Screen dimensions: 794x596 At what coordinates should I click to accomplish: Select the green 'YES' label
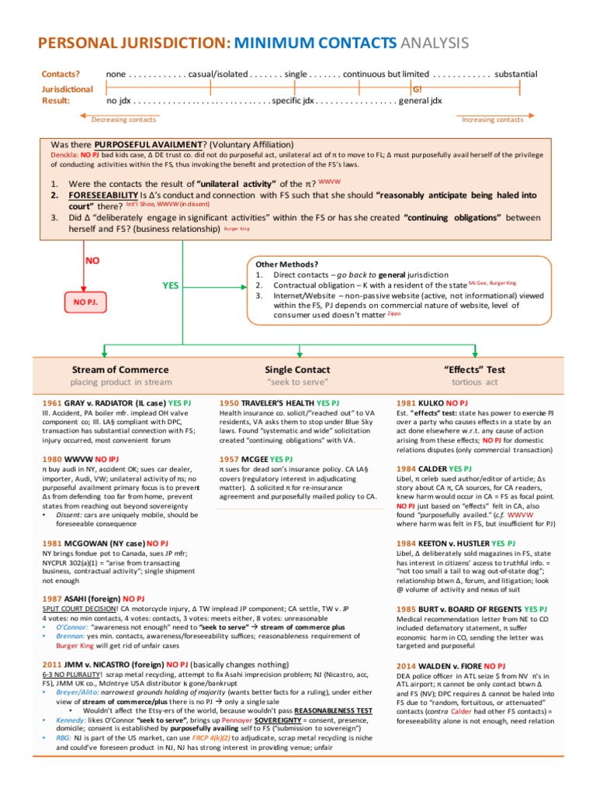pyautogui.click(x=170, y=285)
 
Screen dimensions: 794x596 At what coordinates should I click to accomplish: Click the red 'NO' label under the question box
pyautogui.click(x=92, y=261)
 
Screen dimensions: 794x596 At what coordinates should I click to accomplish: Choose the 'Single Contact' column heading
pyautogui.click(x=298, y=369)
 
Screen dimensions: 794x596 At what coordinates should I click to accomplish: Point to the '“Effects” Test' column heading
pyautogui.click(x=474, y=369)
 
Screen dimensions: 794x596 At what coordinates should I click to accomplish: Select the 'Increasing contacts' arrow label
pyautogui.click(x=493, y=119)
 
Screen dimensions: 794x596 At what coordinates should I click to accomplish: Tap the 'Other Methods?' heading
pyautogui.click(x=286, y=264)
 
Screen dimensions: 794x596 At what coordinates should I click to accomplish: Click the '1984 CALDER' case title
pyautogui.click(x=422, y=469)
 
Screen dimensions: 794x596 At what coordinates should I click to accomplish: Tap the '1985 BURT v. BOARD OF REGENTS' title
pyautogui.click(x=460, y=609)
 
